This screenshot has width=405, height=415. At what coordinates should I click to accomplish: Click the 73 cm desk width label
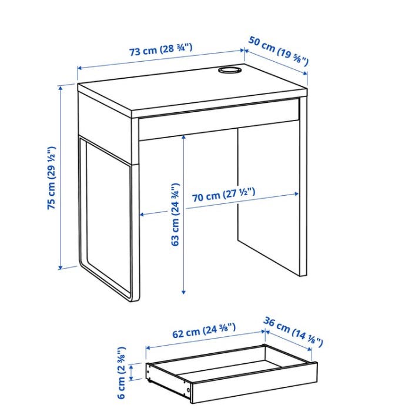(x=160, y=49)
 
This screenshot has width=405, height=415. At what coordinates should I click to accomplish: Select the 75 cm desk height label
(x=51, y=178)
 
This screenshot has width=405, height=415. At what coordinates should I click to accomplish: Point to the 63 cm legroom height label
(x=175, y=215)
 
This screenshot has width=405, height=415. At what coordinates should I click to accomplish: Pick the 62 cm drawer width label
(x=204, y=330)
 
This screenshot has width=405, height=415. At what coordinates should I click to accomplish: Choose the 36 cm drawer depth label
(x=293, y=332)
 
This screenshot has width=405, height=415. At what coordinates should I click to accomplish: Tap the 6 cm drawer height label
(x=122, y=373)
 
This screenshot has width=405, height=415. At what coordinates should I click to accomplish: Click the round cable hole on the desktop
(x=230, y=70)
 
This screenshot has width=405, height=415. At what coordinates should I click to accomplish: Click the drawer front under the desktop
(x=219, y=119)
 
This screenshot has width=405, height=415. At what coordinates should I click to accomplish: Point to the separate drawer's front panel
(x=254, y=383)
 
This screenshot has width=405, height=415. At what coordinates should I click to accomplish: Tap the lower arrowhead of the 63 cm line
(x=183, y=292)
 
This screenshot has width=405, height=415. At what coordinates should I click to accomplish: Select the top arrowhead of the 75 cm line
(x=61, y=88)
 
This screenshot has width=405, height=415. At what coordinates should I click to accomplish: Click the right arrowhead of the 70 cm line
(x=296, y=194)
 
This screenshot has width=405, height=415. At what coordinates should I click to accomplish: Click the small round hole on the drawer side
(x=188, y=390)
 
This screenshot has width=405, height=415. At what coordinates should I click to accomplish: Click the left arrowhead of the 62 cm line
(x=148, y=347)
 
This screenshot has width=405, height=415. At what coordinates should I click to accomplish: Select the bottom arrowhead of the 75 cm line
(x=61, y=267)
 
